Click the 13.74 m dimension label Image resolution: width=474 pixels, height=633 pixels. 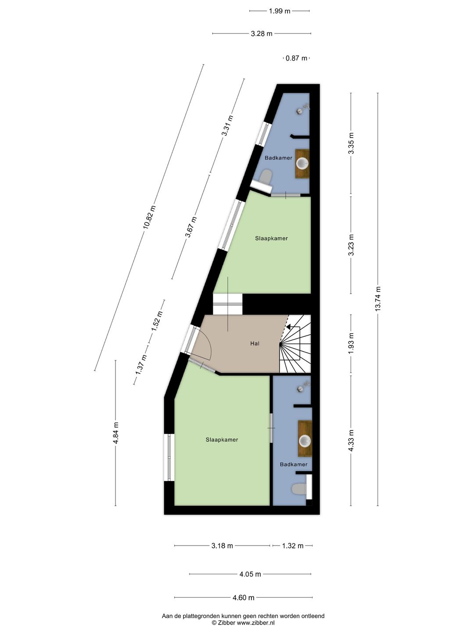pos(377,298)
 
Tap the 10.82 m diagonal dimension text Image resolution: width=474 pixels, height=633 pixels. pos(149,217)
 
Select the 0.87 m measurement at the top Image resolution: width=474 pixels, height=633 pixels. pos(296,58)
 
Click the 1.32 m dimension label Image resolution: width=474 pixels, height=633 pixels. pos(293,546)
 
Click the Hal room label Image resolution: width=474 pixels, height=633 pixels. pos(255,343)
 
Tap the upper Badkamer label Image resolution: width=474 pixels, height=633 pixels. pos(278,158)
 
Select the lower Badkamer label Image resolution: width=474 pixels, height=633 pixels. pos(294,464)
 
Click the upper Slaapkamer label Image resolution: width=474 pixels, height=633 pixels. pos(271,239)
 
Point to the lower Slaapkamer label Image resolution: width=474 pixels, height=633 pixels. pos(222,440)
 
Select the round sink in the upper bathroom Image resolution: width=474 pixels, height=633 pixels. pos(302,164)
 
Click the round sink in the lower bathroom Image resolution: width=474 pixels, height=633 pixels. pos(305,440)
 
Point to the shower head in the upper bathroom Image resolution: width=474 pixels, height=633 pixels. pos(303,109)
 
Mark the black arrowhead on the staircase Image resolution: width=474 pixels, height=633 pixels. pos(288,327)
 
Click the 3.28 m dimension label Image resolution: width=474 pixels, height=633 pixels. pos(261,33)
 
